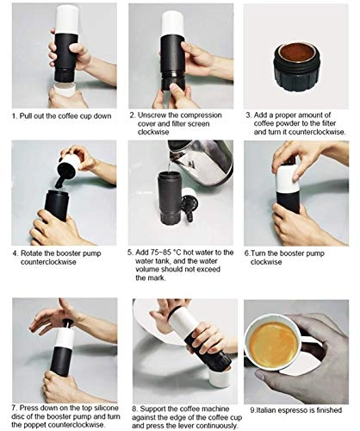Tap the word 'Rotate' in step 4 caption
(42, 254)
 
